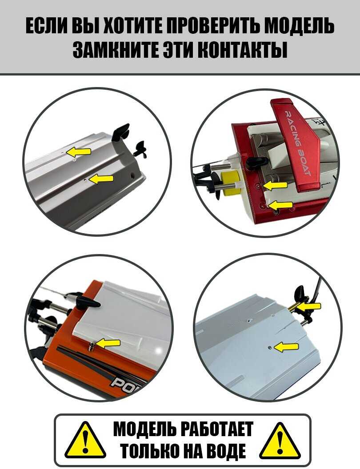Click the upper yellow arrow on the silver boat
pos(78,151)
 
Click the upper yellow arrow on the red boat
pos(275,186)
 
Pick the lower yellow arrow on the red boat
pos(280,205)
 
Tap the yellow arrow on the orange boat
pos(108,344)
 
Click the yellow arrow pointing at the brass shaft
pos(309,306)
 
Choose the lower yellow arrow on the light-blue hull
pos(286,347)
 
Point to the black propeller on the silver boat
pos(140,150)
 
